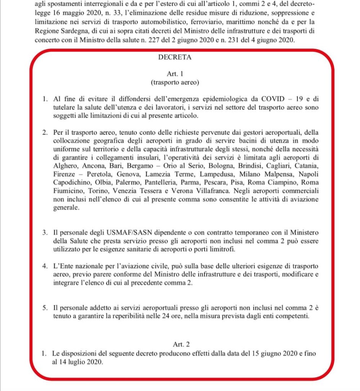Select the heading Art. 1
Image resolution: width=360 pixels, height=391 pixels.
click(175, 73)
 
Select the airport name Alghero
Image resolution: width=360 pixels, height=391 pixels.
click(65, 166)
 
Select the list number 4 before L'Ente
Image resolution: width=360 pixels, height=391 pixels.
click(45, 266)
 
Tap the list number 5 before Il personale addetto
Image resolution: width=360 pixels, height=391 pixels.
click(45, 308)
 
